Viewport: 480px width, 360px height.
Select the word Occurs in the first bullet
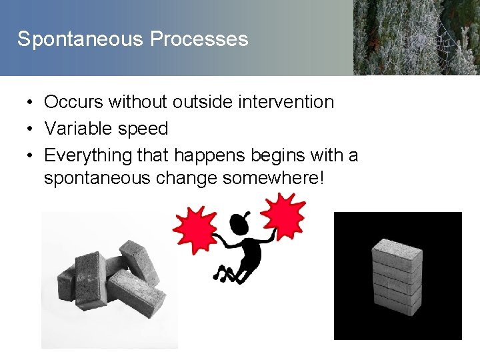coord(73,102)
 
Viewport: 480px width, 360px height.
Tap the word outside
coord(197,102)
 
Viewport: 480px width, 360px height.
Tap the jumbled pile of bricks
coord(110,276)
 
